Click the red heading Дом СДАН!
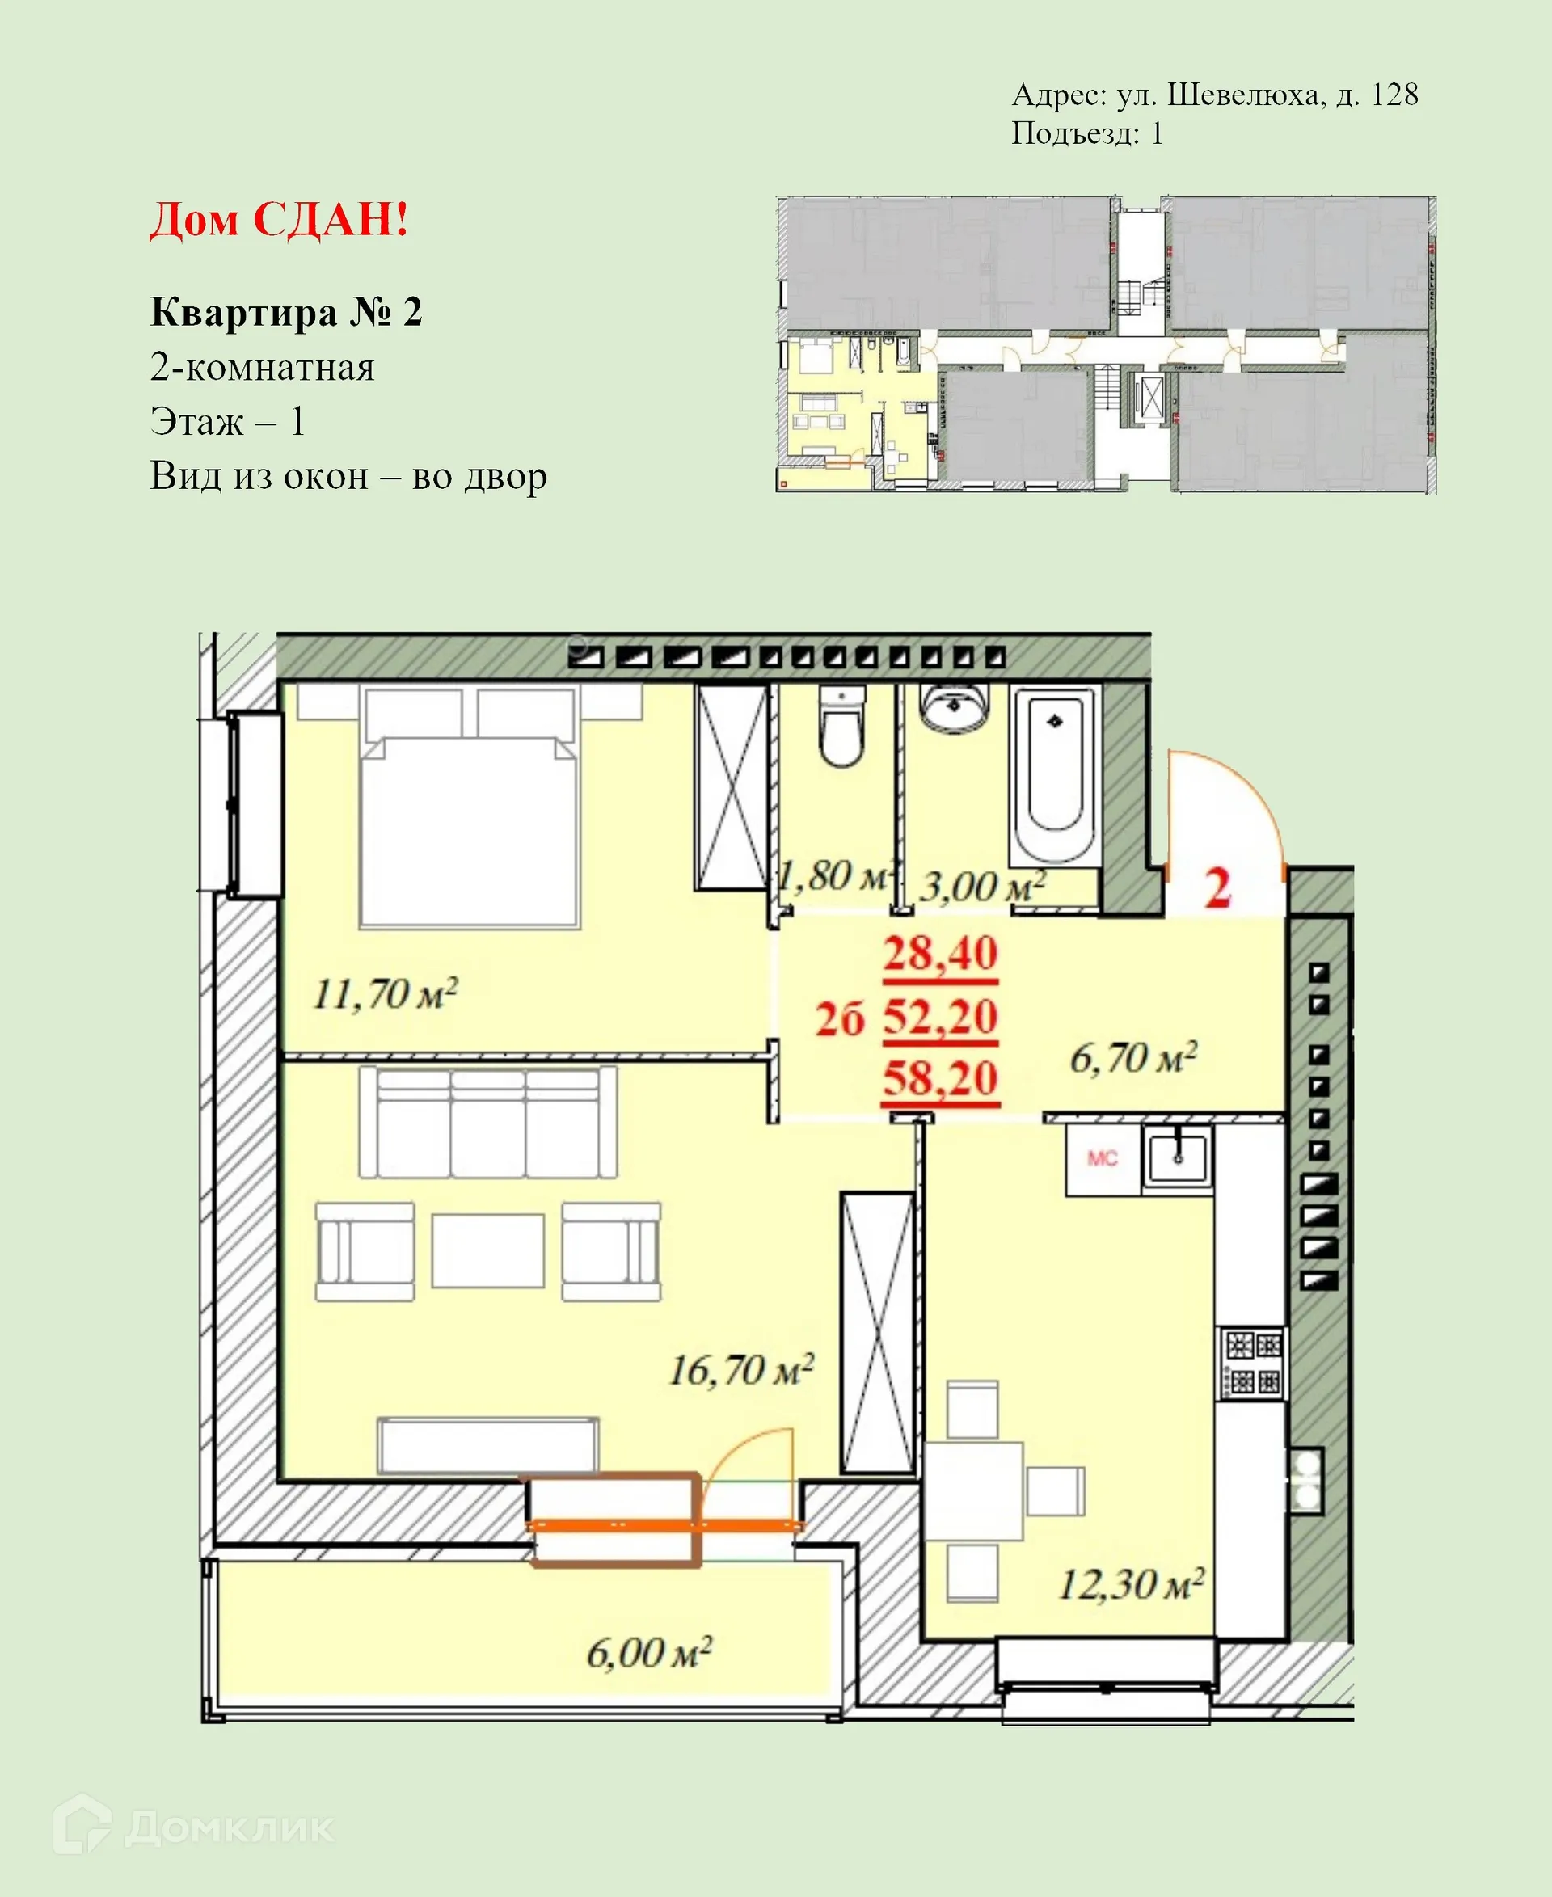(x=279, y=219)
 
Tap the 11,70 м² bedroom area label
(x=386, y=994)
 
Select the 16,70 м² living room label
(x=741, y=1369)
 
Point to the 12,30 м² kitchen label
(x=1131, y=1584)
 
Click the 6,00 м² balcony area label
(x=649, y=1653)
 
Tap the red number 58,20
(x=941, y=1078)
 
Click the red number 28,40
(x=941, y=953)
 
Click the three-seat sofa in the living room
(x=487, y=1123)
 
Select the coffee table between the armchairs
(x=487, y=1250)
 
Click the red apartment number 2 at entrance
(x=1217, y=888)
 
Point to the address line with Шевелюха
(x=1214, y=95)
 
